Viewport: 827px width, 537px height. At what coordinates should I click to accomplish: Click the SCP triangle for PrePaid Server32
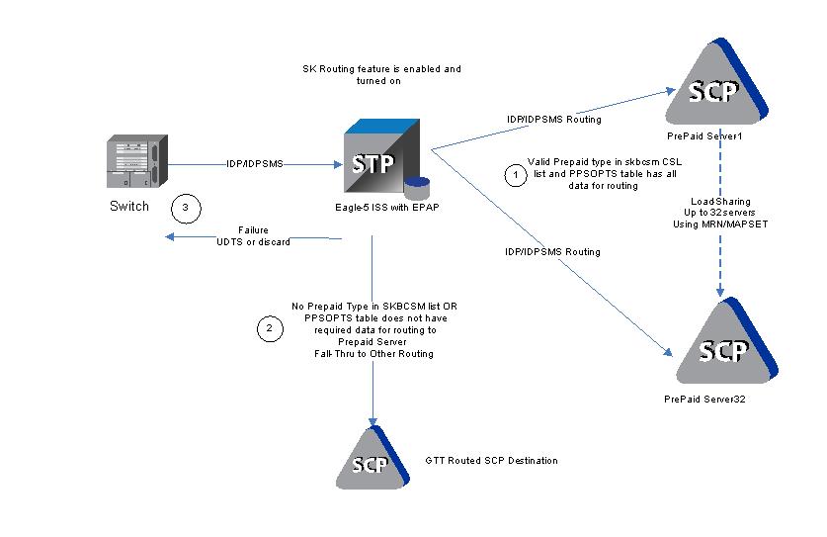coord(722,346)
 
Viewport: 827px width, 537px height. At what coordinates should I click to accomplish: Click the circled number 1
coord(515,175)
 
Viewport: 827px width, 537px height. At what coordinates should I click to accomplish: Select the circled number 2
coord(269,327)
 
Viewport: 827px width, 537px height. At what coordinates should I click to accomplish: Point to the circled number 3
coord(184,208)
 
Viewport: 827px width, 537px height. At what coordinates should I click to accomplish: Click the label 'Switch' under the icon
coord(129,207)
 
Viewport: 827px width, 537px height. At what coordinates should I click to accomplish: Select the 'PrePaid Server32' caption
coord(704,398)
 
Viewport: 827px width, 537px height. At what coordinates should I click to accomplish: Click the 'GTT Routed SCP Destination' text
coord(491,461)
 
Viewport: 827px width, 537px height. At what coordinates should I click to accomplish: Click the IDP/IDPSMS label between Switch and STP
coord(254,163)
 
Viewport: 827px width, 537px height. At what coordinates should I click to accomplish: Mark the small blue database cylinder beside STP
coord(417,187)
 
